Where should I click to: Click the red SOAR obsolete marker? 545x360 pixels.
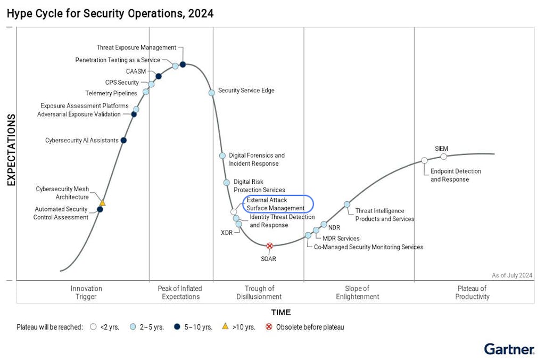pos(270,246)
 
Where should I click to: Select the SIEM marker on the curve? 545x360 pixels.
pos(444,157)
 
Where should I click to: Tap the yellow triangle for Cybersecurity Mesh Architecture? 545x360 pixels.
pos(102,203)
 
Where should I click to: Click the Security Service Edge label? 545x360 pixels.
pos(246,91)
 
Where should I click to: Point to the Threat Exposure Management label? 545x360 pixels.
pos(136,48)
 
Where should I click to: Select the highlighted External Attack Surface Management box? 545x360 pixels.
pos(278,204)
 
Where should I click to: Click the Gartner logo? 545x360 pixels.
pos(509,349)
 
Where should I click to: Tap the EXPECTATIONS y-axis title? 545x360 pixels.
pos(11,150)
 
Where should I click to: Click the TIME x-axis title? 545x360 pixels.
pos(281,313)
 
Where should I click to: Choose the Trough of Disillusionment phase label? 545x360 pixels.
pos(259,292)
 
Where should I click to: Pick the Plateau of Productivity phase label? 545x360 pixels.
pos(472,292)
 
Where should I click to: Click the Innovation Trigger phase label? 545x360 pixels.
pos(86,292)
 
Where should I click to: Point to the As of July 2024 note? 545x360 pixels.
pos(511,275)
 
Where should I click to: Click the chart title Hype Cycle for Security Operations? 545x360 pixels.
pos(110,13)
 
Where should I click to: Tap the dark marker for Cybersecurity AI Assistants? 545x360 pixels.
pos(123,141)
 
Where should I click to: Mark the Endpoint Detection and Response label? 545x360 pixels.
pos(456,175)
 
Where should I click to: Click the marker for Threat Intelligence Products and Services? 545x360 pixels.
pos(347,204)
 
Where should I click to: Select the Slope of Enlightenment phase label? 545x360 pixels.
pos(358,292)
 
